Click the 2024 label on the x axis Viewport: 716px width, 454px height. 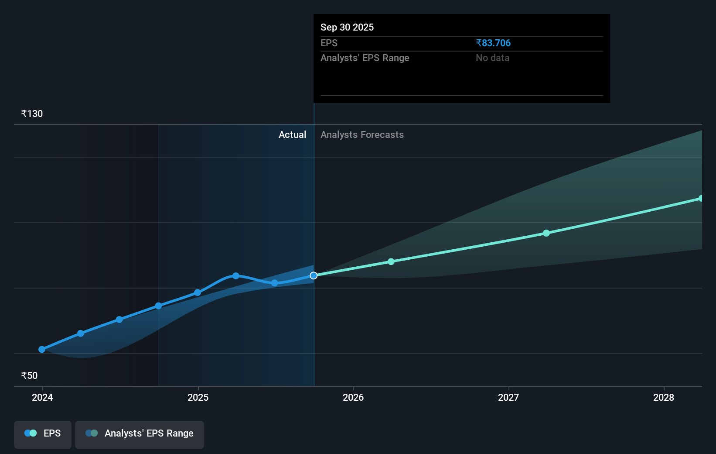pos(42,397)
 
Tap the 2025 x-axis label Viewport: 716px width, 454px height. pos(198,397)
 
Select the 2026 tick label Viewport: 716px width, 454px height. pos(353,397)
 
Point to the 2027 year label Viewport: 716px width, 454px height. pos(508,397)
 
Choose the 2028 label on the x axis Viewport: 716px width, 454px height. pos(664,397)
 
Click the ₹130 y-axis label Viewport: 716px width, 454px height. pos(32,114)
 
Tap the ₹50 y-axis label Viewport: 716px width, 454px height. pos(29,376)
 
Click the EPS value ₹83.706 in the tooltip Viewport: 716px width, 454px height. pos(493,43)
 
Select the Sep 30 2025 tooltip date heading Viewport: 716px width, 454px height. pos(347,28)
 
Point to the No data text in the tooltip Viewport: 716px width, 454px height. pos(492,58)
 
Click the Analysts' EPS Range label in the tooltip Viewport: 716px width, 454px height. pos(365,58)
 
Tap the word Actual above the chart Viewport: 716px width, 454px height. pos(292,135)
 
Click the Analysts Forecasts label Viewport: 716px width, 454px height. pos(362,135)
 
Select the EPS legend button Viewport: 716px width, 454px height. pos(43,433)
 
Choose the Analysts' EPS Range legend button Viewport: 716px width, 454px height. pos(140,433)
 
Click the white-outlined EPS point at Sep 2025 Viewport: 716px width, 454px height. pos(314,275)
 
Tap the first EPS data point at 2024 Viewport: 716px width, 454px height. pos(42,349)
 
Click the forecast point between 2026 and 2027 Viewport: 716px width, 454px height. pos(391,261)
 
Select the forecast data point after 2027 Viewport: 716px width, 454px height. pos(546,233)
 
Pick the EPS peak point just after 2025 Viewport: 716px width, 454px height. pos(236,276)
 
